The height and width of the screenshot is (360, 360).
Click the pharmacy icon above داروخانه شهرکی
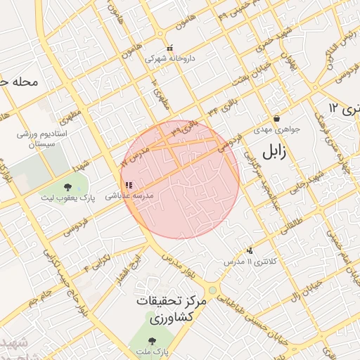coord(169,47)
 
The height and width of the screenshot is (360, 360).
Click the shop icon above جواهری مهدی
coord(276,118)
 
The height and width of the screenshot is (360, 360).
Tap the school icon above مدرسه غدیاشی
coord(128,186)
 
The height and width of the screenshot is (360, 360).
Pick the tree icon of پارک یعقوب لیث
coord(67,187)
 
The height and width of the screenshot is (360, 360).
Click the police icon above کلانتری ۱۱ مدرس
coord(250,250)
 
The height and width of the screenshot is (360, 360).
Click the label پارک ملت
coord(153,349)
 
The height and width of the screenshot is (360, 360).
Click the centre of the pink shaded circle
coord(180,179)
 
